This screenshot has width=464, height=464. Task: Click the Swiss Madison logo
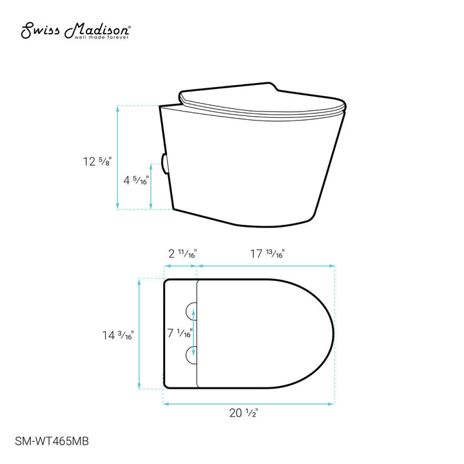(76, 30)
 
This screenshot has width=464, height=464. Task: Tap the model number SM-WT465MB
(52, 441)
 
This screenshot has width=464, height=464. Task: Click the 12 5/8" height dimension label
(97, 161)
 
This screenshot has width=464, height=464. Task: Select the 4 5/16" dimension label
(136, 180)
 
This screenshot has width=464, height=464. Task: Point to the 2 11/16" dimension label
(182, 254)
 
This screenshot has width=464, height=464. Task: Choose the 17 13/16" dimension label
(267, 254)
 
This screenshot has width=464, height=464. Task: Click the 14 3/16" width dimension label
(118, 335)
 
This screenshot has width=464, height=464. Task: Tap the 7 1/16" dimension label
(180, 333)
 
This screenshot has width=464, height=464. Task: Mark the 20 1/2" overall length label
(244, 413)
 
